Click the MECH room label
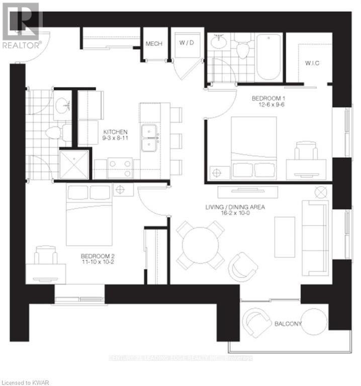[x=154, y=44]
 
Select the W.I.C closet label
[x=313, y=63]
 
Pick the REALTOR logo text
[x=20, y=44]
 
